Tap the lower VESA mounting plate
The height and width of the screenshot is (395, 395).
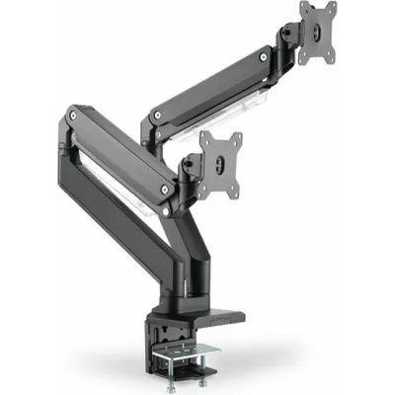click(224, 158)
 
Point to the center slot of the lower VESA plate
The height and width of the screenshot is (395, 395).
click(224, 158)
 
